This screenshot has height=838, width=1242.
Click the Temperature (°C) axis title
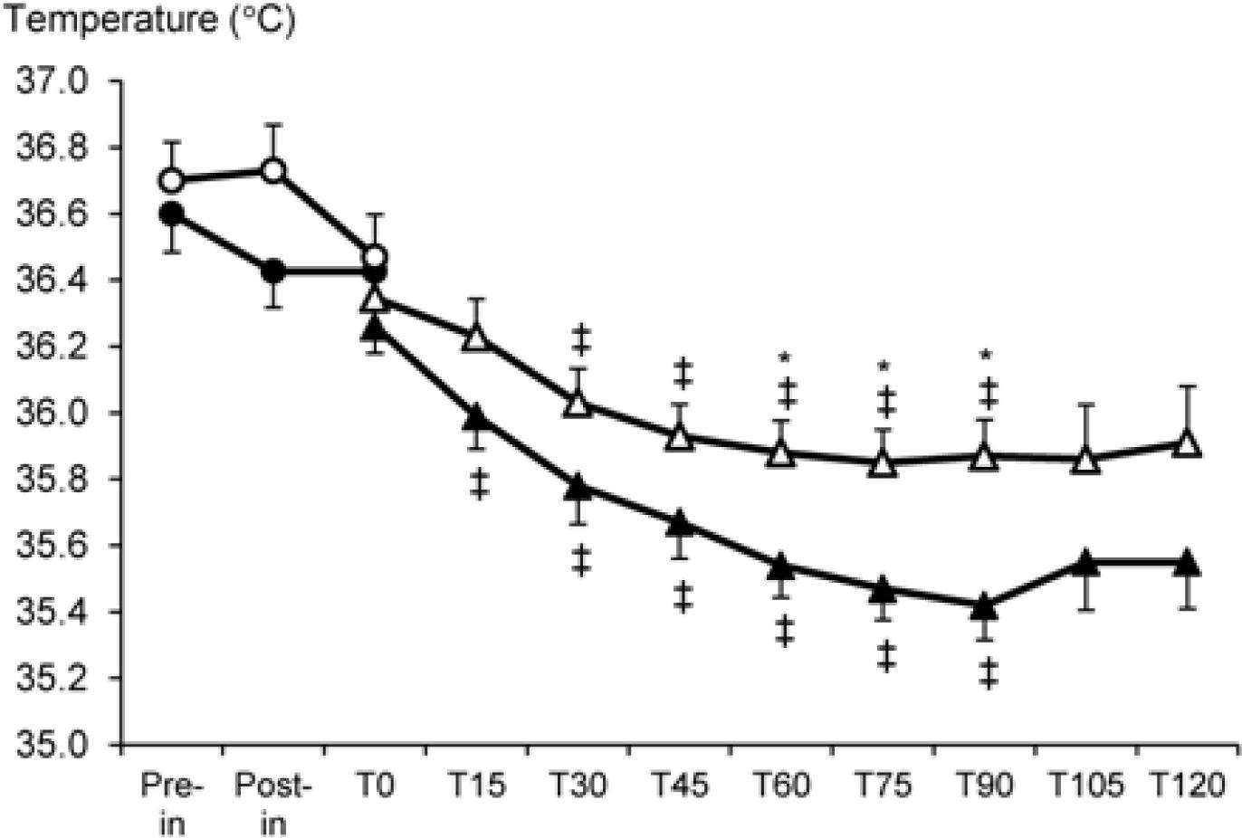pyautogui.click(x=148, y=20)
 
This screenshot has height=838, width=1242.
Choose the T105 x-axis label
pyautogui.click(x=1086, y=785)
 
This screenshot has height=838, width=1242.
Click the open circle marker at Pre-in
pyautogui.click(x=171, y=181)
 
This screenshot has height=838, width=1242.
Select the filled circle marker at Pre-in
pyautogui.click(x=171, y=214)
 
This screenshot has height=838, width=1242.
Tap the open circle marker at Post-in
pyautogui.click(x=273, y=171)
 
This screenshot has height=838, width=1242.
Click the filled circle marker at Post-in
pyautogui.click(x=273, y=271)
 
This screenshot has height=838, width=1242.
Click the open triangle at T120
pyautogui.click(x=1188, y=444)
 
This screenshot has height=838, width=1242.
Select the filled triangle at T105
pyautogui.click(x=1086, y=563)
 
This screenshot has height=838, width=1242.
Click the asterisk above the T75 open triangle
pyautogui.click(x=884, y=367)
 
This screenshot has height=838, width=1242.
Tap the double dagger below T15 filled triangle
pyautogui.click(x=479, y=485)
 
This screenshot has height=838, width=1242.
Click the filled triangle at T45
pyautogui.click(x=680, y=524)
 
